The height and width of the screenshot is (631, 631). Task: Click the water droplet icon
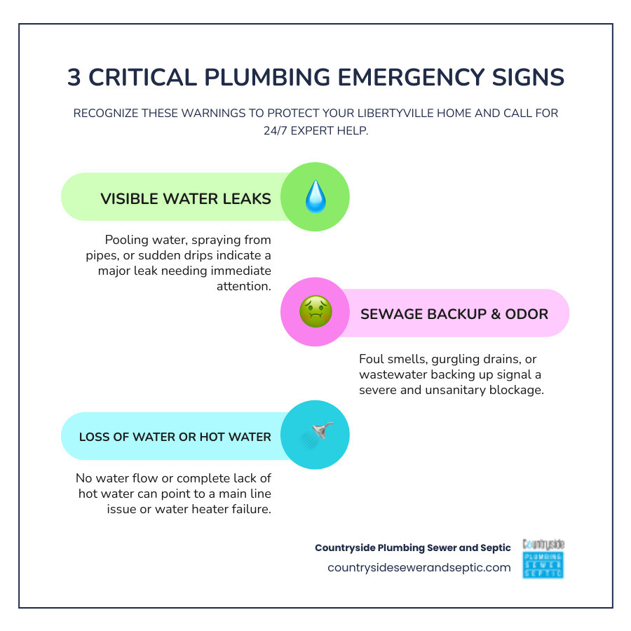pyautogui.click(x=315, y=197)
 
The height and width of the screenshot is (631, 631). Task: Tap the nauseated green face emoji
pyautogui.click(x=315, y=312)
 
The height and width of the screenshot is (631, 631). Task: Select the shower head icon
pyautogui.click(x=316, y=435)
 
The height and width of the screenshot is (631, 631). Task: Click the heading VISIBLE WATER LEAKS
pyautogui.click(x=186, y=198)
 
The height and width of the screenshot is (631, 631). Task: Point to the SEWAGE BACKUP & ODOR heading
pyautogui.click(x=454, y=313)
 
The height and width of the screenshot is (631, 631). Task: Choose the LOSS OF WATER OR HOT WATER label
pyautogui.click(x=175, y=437)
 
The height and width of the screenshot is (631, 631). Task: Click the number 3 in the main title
pyautogui.click(x=74, y=78)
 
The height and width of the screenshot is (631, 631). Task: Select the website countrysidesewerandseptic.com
pyautogui.click(x=419, y=567)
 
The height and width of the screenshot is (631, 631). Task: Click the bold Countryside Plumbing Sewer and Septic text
pyautogui.click(x=412, y=548)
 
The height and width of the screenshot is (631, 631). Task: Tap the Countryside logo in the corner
pyautogui.click(x=543, y=558)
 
